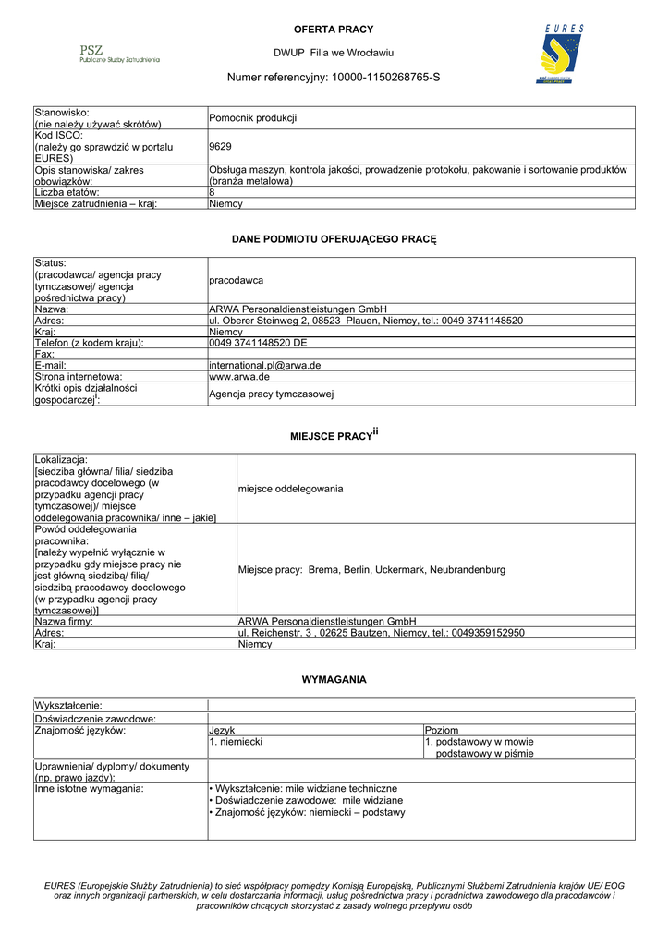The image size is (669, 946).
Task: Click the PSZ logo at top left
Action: pos(118,54)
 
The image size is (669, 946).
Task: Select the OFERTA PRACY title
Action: pos(334,30)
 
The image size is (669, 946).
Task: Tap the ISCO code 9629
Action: pos(220,146)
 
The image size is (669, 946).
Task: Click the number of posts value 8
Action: pos(213,192)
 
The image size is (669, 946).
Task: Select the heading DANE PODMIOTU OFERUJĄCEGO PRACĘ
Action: pos(334,240)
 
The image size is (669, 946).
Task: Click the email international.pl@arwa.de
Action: pos(265,366)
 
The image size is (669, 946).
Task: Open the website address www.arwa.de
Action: pos(239,377)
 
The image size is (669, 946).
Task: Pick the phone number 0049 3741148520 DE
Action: pos(258,344)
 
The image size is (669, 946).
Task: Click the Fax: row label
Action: pos(43,355)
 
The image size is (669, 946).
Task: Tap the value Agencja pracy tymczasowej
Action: pos(271,394)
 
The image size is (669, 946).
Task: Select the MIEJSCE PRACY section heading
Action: pos(334,434)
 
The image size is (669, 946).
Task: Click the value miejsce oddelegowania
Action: pos(290,488)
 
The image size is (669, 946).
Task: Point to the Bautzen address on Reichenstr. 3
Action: pos(381,633)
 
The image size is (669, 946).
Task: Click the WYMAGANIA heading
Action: pos(334,680)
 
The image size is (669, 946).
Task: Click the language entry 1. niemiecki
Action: pos(237,742)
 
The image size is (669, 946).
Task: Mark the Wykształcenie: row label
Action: pos(68,707)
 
